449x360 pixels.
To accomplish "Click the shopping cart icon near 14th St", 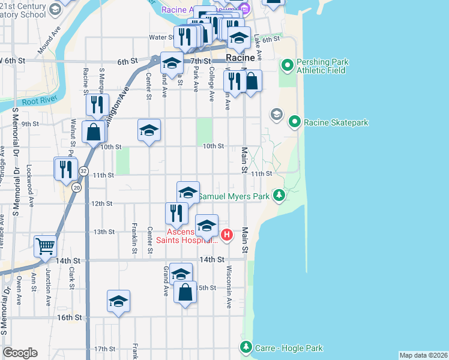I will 45,246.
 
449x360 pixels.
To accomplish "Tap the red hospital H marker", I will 226,234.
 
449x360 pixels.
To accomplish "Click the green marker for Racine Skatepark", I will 294,122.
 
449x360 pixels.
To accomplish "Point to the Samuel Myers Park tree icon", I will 279,196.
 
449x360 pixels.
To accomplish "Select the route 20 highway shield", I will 76,188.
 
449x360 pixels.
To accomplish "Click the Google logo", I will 20,353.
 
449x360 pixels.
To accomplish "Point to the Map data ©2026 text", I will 423,355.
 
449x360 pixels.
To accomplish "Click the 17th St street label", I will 104,349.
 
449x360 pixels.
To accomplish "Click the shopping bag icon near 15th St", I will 185,293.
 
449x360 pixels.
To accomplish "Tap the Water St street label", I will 161,37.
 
